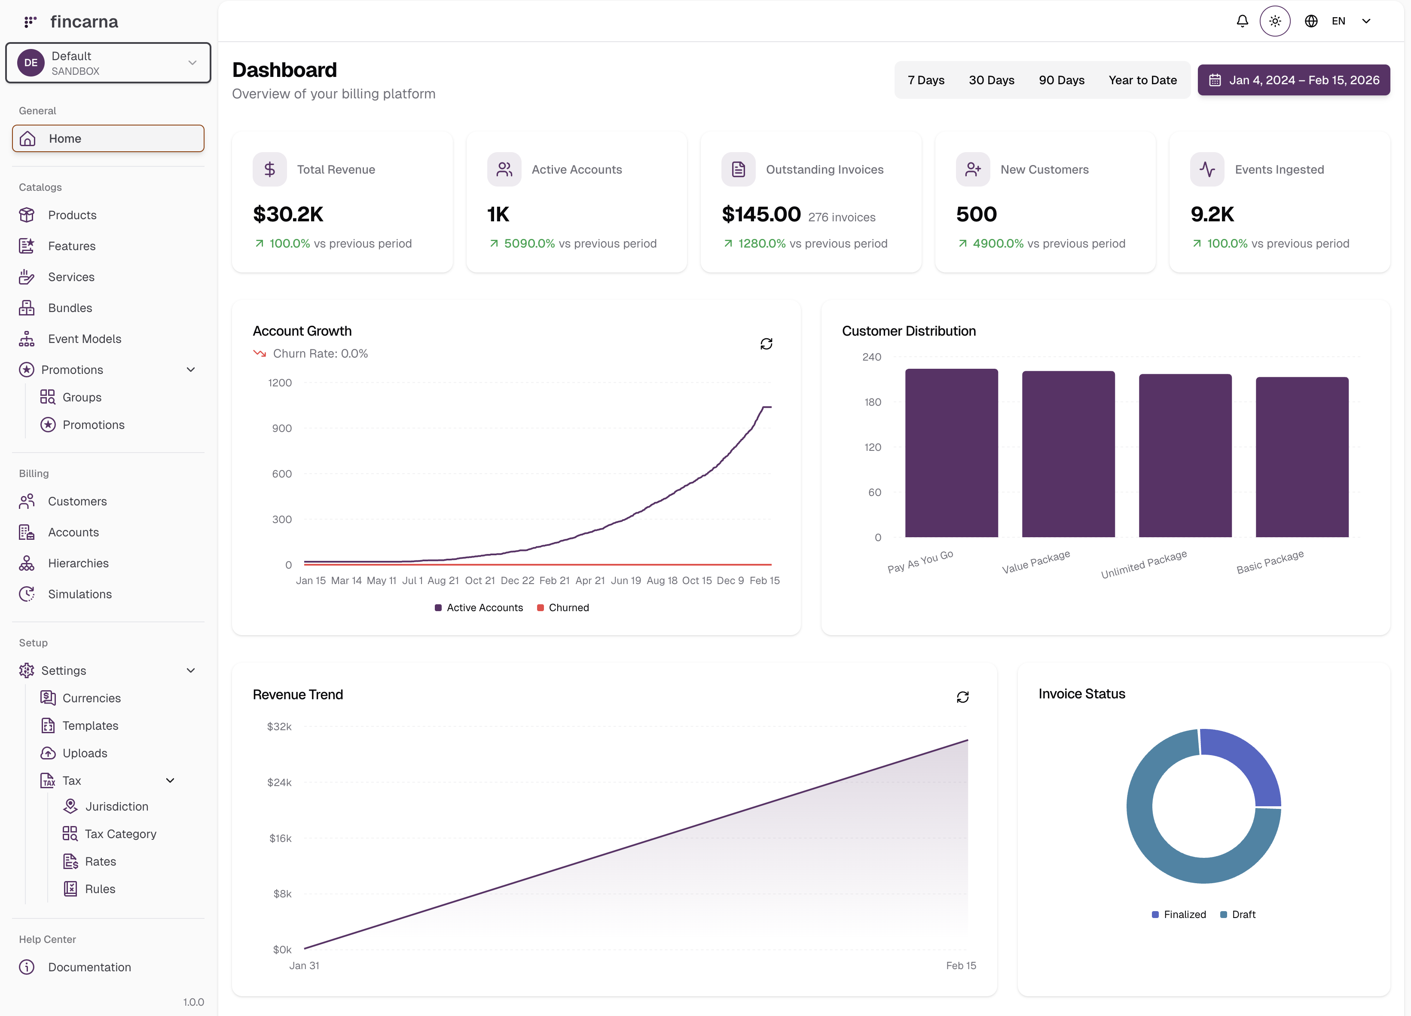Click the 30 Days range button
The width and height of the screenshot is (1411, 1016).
991,80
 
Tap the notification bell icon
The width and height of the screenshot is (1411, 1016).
1242,21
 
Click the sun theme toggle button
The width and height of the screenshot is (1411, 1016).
1275,21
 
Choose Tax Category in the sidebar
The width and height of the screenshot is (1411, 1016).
120,834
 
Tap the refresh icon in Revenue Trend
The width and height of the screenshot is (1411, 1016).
962,697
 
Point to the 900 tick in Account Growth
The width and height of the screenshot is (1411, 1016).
282,428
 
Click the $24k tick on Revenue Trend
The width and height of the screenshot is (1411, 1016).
279,783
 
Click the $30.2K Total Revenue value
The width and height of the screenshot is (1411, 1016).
288,214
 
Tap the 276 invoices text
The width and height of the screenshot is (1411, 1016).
841,217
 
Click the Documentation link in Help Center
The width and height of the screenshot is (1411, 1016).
89,967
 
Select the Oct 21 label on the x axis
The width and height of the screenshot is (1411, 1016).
479,581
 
